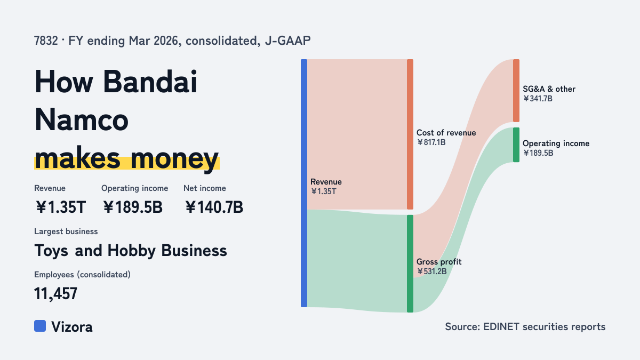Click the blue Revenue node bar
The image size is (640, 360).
(x=304, y=183)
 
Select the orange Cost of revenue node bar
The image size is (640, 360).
(x=410, y=134)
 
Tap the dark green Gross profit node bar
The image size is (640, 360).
(x=410, y=263)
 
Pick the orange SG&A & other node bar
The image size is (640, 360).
(x=516, y=91)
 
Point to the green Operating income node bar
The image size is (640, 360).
(x=516, y=145)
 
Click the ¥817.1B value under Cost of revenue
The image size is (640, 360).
(x=431, y=142)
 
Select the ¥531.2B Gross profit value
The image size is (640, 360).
(x=431, y=271)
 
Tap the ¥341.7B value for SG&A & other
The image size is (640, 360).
(x=538, y=99)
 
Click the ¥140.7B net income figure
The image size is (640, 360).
(x=214, y=207)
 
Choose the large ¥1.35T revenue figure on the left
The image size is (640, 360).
(x=61, y=207)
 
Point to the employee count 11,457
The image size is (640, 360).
(x=55, y=293)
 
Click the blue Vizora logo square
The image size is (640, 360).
(x=40, y=326)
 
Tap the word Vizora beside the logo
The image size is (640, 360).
(x=72, y=327)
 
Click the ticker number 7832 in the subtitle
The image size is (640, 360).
(x=46, y=41)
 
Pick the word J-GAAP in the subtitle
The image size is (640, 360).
(x=287, y=41)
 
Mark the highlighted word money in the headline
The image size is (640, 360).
(x=174, y=159)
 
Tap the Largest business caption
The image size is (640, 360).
(x=66, y=231)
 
